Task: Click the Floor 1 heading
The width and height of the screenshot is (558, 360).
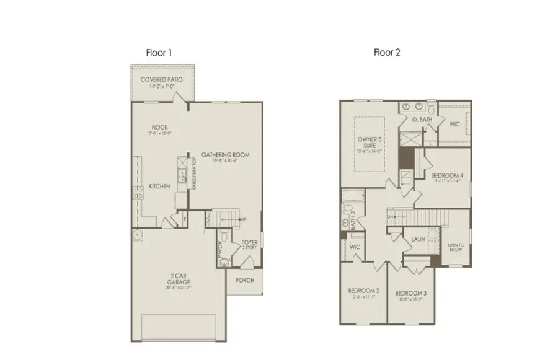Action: coord(159,53)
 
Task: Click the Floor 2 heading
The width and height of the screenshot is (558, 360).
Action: coord(387,53)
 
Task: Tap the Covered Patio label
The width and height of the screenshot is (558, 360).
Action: coord(162,80)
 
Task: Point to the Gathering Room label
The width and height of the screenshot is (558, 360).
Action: coord(226,155)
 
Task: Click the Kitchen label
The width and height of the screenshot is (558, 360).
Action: coord(159,186)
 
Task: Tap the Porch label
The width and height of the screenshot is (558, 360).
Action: coord(246,280)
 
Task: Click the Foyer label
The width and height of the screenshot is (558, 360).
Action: coord(249,242)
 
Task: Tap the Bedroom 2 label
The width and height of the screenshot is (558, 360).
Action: coord(363,292)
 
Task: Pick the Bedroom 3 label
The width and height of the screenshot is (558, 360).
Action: coord(410,292)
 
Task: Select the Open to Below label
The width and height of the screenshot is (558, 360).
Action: coord(456,247)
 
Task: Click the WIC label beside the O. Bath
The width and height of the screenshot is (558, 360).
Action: coord(454,125)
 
